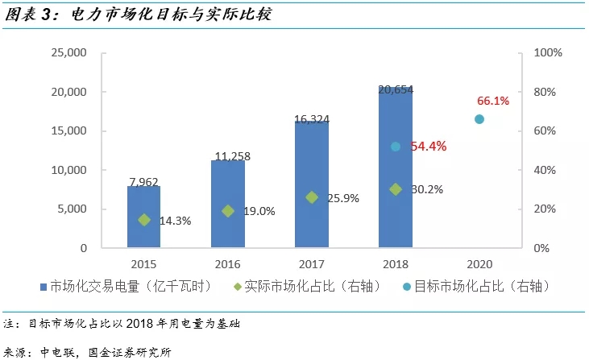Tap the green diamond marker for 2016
(228, 211)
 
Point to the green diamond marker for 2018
(396, 189)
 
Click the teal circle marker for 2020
(479, 119)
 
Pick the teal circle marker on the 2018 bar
(396, 147)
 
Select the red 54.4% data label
(429, 147)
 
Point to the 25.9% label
(344, 197)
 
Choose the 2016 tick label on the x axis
(227, 263)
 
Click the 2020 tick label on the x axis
(479, 263)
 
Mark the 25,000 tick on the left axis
(70, 53)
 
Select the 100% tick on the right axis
(548, 53)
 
